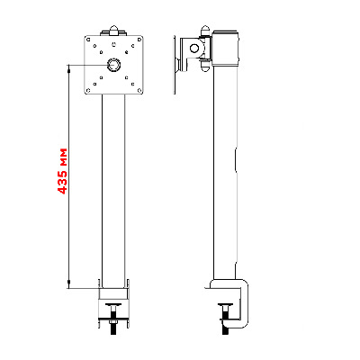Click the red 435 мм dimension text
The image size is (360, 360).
[x=63, y=171]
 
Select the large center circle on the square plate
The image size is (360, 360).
[x=114, y=65]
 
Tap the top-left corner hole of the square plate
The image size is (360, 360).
[x=88, y=40]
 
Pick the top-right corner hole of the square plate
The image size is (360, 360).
[x=139, y=40]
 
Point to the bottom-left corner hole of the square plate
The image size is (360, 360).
[x=88, y=90]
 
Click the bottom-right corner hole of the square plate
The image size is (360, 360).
[x=139, y=90]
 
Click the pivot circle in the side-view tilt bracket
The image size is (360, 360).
[x=194, y=48]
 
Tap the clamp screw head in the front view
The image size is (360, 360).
[x=113, y=305]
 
